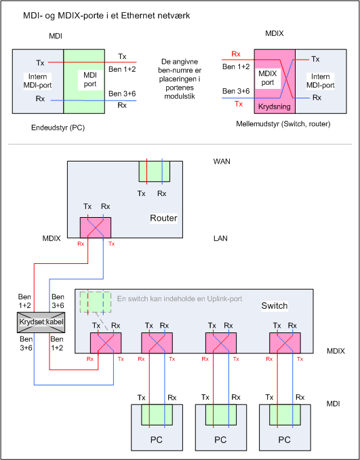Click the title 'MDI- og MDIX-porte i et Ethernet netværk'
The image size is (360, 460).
[106, 15]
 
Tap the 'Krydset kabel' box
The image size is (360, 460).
[41, 322]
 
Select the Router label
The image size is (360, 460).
[163, 218]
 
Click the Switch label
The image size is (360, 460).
[275, 306]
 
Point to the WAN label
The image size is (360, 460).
[222, 161]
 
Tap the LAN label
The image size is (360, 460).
[220, 238]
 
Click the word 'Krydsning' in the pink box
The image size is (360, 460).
[275, 107]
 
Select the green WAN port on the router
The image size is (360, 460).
[154, 172]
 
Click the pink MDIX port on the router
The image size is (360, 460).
[96, 227]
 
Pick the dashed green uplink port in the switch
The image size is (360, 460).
[96, 302]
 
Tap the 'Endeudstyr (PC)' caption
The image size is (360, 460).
[58, 128]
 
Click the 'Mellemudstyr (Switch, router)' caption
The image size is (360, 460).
[283, 124]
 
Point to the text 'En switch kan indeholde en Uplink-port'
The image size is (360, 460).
[180, 299]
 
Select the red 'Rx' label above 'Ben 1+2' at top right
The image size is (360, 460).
[236, 54]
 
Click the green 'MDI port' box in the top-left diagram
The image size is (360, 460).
[84, 81]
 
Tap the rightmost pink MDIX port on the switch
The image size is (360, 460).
[285, 343]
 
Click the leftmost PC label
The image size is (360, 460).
[156, 440]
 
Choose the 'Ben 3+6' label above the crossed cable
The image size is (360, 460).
[58, 301]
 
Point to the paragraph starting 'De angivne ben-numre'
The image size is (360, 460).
[180, 79]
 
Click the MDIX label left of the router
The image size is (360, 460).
[52, 238]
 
